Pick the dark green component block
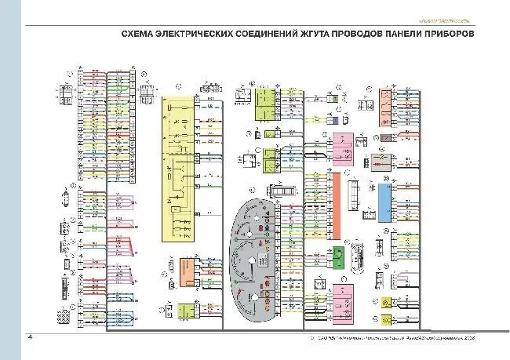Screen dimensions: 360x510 click(338, 256)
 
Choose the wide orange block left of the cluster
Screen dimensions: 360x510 click(188, 275)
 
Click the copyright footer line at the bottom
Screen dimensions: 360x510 click(392, 338)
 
